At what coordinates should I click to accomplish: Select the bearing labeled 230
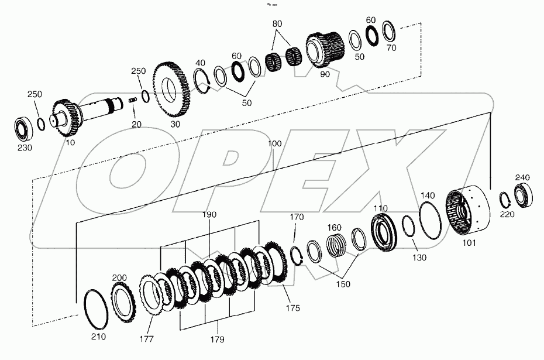click(25, 128)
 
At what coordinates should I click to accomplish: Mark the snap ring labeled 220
click(507, 200)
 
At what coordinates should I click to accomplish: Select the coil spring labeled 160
click(335, 244)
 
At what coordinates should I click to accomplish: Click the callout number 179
click(217, 340)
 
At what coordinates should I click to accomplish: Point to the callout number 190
click(209, 215)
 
